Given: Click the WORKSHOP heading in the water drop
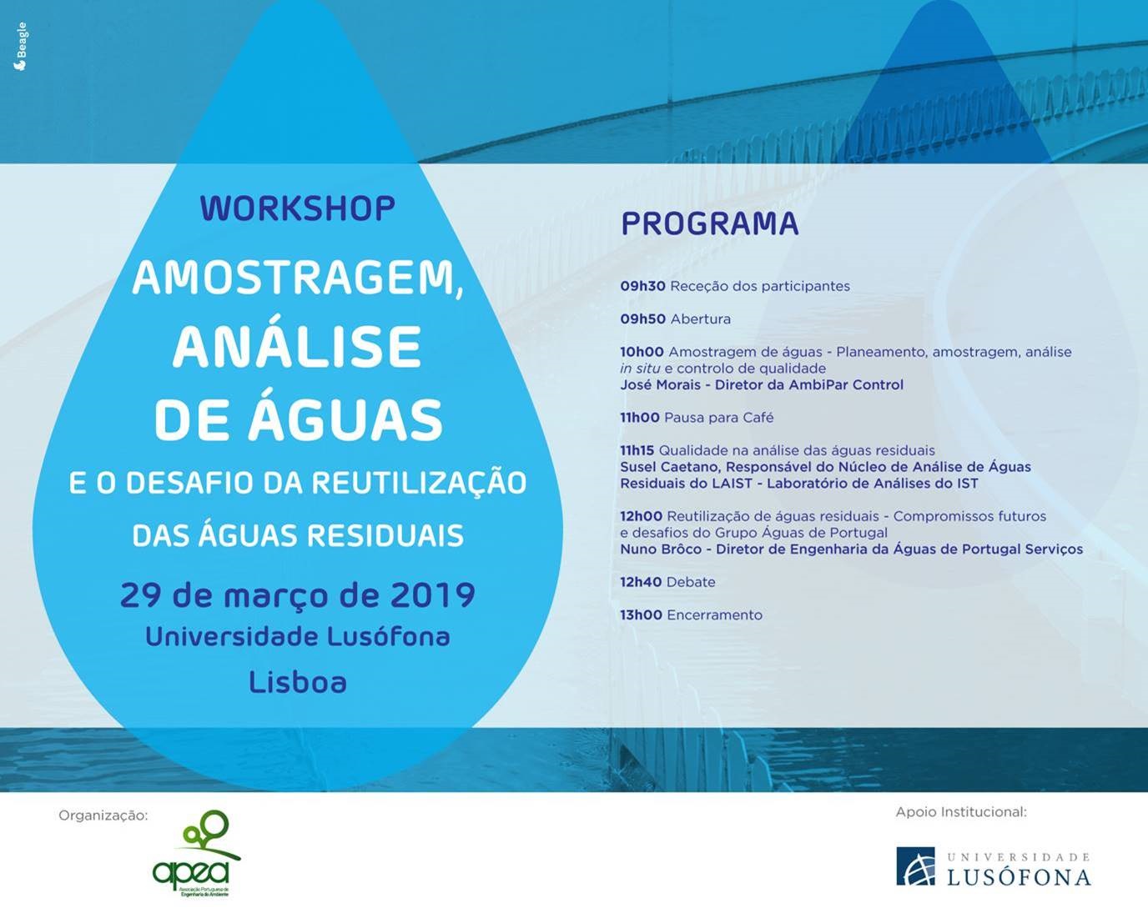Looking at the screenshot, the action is tap(298, 208).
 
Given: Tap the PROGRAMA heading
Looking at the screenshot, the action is tap(710, 224).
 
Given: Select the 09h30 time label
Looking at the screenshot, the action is tap(642, 286).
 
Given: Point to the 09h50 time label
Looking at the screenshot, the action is tap(642, 319).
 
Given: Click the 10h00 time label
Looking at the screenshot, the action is tap(642, 352).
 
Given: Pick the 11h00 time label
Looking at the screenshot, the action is tap(640, 418).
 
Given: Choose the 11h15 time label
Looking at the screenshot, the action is tap(637, 450).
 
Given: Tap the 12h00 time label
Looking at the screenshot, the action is tap(641, 516).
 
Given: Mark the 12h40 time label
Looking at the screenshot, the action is tap(641, 582).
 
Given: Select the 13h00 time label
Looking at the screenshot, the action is tap(641, 615).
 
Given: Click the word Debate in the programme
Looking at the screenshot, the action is tap(691, 582).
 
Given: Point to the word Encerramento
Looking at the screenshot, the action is tap(715, 615).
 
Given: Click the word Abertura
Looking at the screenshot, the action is tap(701, 319).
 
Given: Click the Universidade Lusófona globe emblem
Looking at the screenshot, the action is tap(915, 865).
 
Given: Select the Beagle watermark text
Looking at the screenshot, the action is tap(20, 47).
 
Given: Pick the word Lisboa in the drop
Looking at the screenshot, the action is tap(298, 682).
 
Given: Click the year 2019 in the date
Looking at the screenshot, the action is tap(432, 595).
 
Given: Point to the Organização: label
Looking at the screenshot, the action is tap(103, 815).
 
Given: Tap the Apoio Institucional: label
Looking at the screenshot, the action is tap(961, 812).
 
